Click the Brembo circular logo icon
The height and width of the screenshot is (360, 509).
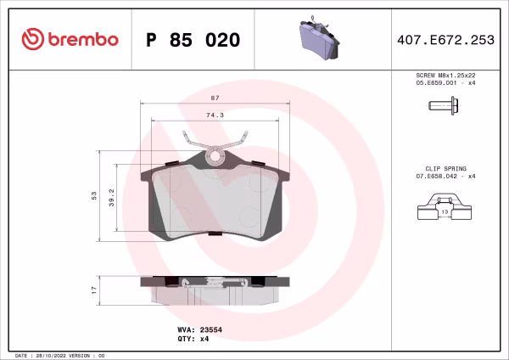tap(31, 40)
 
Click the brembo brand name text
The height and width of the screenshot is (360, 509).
tap(81, 40)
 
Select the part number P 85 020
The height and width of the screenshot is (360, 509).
tap(193, 40)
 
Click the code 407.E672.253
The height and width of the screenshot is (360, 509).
tap(446, 40)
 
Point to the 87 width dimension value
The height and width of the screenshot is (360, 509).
tap(215, 99)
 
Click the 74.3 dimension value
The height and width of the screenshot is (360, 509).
tap(215, 115)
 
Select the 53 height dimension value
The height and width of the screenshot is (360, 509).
tap(94, 195)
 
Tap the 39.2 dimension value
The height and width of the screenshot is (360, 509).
tap(111, 197)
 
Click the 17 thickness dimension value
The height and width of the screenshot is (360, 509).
tap(94, 290)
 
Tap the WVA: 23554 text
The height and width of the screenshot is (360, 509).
tap(199, 328)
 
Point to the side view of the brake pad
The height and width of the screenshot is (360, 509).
tap(215, 289)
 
